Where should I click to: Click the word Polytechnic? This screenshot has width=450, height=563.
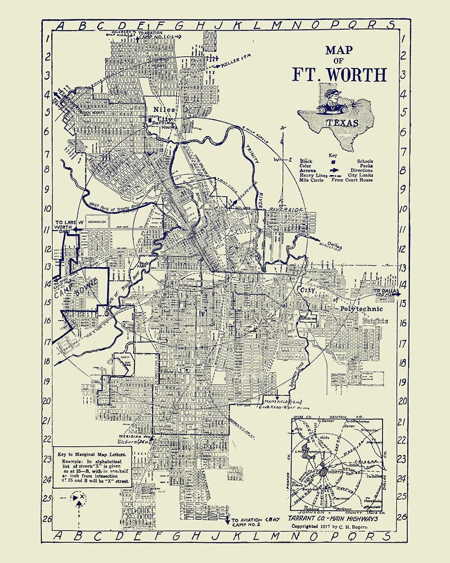pos(361,309)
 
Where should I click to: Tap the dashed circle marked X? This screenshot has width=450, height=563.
pos(80,498)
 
